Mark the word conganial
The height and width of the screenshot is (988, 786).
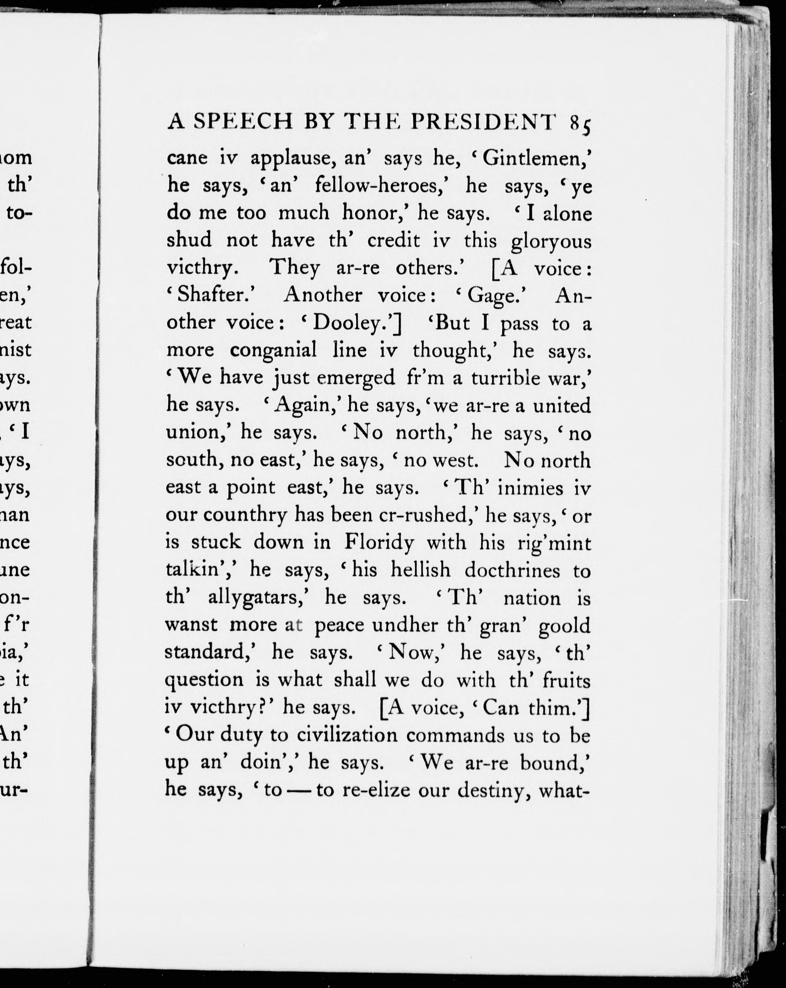point(273,351)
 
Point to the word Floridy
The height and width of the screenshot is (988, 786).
point(379,543)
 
